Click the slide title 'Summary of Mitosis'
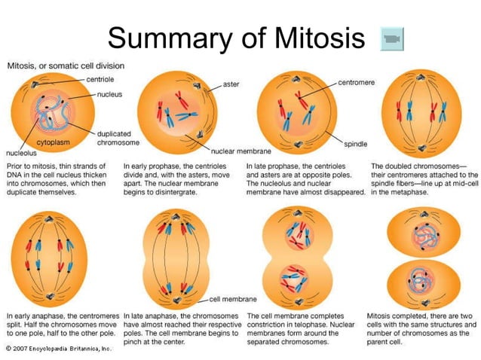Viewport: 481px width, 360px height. pos(235,37)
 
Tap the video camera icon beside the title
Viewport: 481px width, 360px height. pos(392,38)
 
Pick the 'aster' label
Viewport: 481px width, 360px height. pos(231,84)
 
